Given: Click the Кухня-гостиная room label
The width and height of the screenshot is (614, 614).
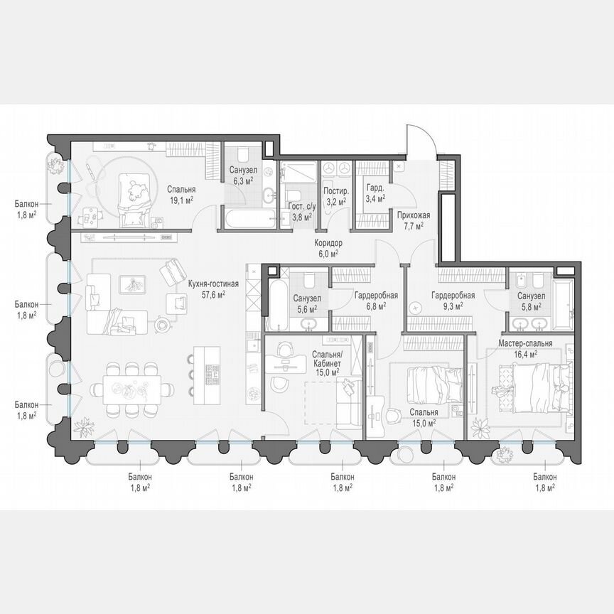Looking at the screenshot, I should pyautogui.click(x=213, y=283).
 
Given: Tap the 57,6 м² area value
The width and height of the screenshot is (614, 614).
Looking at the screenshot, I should pyautogui.click(x=213, y=293).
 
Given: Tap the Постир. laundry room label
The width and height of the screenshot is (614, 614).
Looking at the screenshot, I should pyautogui.click(x=335, y=192).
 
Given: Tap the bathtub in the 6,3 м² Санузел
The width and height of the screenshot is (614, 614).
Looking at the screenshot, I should pyautogui.click(x=247, y=218).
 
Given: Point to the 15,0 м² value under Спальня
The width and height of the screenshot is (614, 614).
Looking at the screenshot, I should pyautogui.click(x=424, y=421).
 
